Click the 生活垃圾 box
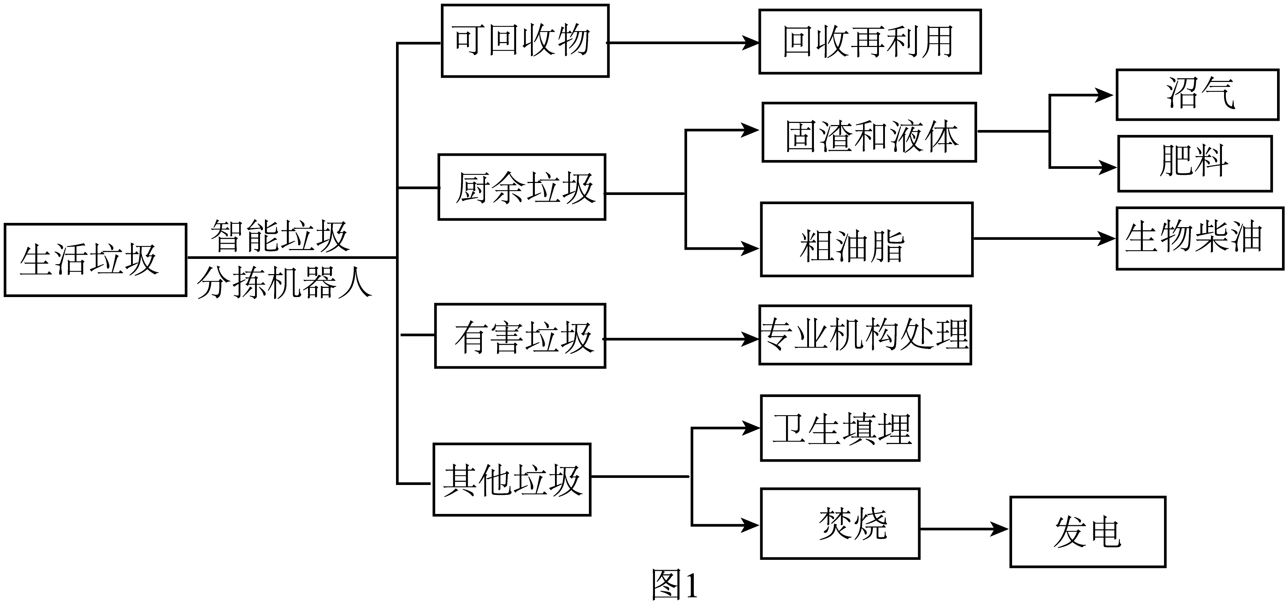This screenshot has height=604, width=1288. (95, 260)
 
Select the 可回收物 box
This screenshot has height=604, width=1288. (525, 41)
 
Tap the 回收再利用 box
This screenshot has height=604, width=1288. (870, 41)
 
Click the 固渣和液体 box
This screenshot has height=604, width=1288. (869, 132)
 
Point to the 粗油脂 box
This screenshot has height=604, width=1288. (867, 239)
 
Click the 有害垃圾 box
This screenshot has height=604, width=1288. (520, 336)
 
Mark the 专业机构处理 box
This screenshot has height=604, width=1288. (865, 335)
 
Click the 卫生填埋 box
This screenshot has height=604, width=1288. (840, 428)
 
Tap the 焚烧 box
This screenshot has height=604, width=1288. (840, 523)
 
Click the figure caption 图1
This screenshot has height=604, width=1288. (674, 584)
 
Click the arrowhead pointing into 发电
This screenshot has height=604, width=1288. (999, 529)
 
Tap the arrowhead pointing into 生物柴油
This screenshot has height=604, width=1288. (1106, 238)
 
